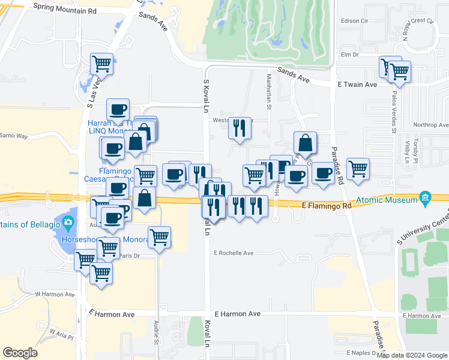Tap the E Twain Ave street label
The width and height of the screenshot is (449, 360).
pyautogui.click(x=357, y=85)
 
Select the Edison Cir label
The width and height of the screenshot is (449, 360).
pyautogui.click(x=354, y=20)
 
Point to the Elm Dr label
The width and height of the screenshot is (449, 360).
pyautogui.click(x=349, y=55)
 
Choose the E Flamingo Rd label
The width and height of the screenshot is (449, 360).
pyautogui.click(x=326, y=206)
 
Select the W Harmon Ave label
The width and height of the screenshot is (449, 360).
pyautogui.click(x=54, y=294)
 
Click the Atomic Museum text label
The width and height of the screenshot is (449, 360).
pyautogui.click(x=387, y=200)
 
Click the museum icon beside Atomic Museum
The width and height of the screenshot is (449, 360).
pyautogui.click(x=426, y=197)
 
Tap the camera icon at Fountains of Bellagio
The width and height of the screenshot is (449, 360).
pyautogui.click(x=68, y=224)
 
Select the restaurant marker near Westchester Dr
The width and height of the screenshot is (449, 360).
pyautogui.click(x=240, y=128)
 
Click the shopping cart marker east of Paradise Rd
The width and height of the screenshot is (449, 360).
pyautogui.click(x=358, y=168)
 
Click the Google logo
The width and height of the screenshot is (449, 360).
pyautogui.click(x=20, y=353)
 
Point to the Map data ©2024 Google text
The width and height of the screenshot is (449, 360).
pyautogui.click(x=412, y=355)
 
